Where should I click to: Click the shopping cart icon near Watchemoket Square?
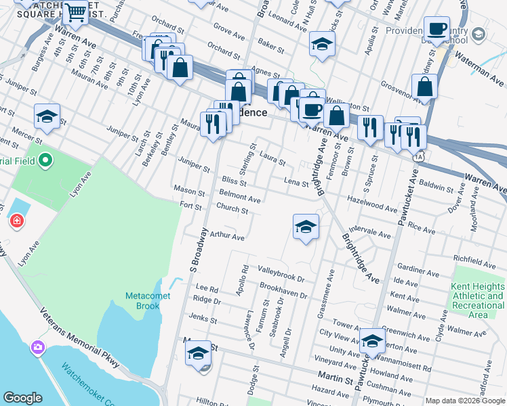click(75, 12)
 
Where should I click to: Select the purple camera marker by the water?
click(37, 348)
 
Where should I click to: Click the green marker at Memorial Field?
click(45, 160)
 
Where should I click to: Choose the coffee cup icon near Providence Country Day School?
click(437, 29)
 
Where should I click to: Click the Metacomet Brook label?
click(142, 301)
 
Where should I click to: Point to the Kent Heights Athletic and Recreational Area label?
click(477, 300)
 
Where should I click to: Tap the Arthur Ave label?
click(226, 237)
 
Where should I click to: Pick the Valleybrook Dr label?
click(282, 273)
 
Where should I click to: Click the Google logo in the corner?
click(23, 398)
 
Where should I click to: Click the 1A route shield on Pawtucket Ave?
click(421, 156)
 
